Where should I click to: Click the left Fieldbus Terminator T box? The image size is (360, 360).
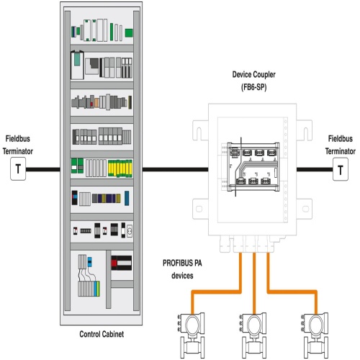[x=18, y=168]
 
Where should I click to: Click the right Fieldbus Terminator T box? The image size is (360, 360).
[x=341, y=169]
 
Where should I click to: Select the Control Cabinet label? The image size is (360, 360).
[x=102, y=334]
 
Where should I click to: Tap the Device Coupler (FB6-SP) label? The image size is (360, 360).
[x=253, y=81]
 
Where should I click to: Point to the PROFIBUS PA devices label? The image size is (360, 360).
[x=182, y=269]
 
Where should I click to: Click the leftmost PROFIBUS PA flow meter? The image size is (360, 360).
[x=191, y=336]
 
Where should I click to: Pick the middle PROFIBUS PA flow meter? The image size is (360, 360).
[x=253, y=336]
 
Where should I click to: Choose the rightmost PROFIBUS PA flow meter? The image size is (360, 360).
[x=315, y=336]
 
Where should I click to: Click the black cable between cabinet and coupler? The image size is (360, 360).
[x=176, y=169]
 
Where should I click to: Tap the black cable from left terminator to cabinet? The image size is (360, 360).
[x=43, y=169]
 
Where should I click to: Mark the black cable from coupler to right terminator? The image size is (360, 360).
[x=315, y=169]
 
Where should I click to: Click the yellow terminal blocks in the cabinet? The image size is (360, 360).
[x=120, y=168]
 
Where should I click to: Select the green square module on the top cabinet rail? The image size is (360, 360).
[x=129, y=32]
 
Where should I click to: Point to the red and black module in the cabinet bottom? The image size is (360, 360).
[x=121, y=263]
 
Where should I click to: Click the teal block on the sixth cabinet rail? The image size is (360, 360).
[x=127, y=198]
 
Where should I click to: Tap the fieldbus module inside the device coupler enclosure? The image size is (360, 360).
[x=253, y=167]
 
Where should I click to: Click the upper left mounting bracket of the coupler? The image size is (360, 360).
[x=200, y=130]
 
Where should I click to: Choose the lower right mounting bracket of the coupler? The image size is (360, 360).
[x=305, y=209]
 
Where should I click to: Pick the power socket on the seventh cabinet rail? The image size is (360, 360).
[x=130, y=231]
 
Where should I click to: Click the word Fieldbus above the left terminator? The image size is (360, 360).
[x=18, y=138]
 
